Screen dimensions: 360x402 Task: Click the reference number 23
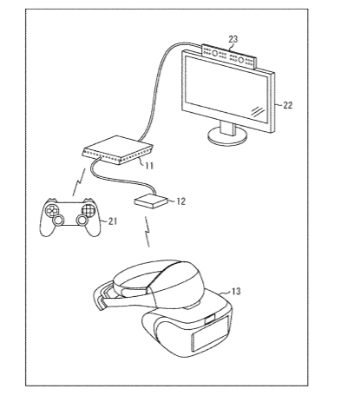click(233, 39)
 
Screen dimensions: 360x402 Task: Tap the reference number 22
click(287, 105)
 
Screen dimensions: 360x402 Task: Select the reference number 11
click(149, 166)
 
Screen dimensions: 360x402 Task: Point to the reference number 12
click(180, 201)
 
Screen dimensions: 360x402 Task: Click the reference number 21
click(113, 221)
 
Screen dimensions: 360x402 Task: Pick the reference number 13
click(236, 291)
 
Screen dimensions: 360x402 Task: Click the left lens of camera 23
click(215, 53)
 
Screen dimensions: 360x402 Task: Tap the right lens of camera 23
click(241, 60)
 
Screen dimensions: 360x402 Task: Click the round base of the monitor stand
click(228, 137)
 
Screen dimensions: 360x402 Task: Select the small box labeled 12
click(151, 201)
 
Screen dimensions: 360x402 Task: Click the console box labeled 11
click(118, 150)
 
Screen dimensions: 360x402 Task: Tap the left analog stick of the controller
click(59, 220)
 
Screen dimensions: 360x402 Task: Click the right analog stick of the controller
click(82, 221)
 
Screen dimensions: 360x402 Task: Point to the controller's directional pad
click(51, 210)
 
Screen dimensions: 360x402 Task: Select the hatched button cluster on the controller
click(88, 209)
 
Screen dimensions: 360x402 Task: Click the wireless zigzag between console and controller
click(79, 182)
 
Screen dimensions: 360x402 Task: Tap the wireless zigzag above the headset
click(147, 232)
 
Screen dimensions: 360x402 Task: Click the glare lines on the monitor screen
click(258, 111)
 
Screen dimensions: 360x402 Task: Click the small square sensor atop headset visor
click(209, 320)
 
